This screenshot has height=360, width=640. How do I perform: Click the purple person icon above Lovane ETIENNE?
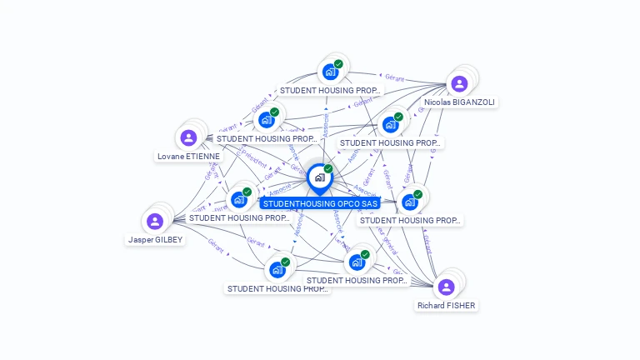point(188,137)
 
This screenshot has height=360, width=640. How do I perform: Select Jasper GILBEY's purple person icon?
point(154,221)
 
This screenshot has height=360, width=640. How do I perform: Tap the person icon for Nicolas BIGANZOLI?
point(459,83)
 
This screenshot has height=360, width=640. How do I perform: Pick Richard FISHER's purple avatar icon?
point(446,287)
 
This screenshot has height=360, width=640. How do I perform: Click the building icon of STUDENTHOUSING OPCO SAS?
point(319,177)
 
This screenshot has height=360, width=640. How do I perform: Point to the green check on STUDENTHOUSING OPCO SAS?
point(328,169)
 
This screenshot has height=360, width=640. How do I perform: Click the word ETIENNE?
point(204,156)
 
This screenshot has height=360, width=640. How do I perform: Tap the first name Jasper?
point(140,239)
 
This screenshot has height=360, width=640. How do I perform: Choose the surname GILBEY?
point(168,239)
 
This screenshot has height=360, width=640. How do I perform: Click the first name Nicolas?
point(438,102)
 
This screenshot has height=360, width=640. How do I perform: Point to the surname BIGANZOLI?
point(474,102)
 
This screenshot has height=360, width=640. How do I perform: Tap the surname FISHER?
point(462,306)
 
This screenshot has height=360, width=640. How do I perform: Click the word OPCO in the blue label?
point(348,203)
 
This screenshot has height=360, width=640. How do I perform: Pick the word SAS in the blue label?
point(370,203)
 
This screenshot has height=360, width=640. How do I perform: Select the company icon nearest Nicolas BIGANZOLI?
point(390,125)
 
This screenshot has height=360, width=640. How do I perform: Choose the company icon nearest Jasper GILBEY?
point(239,199)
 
